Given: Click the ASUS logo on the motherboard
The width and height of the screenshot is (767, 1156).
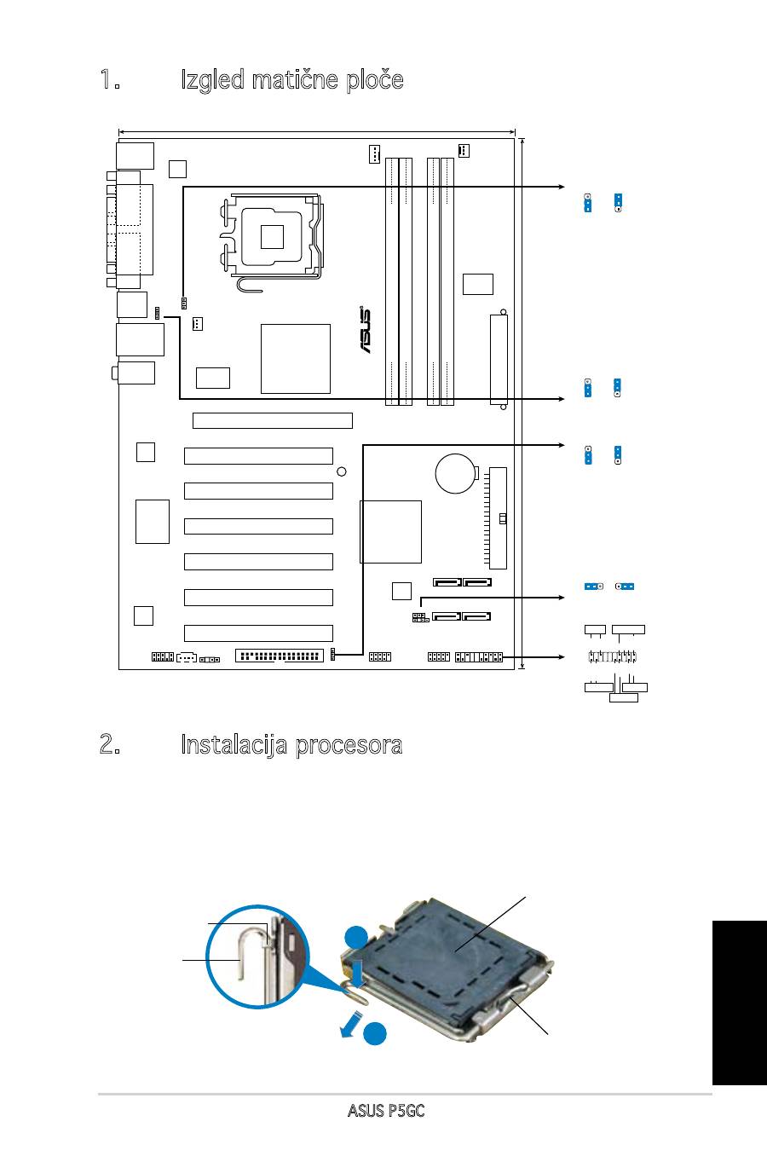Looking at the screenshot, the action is click(x=366, y=330).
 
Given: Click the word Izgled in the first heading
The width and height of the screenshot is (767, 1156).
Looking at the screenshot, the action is click(x=212, y=80).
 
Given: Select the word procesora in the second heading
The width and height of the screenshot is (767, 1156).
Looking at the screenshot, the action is click(x=349, y=745).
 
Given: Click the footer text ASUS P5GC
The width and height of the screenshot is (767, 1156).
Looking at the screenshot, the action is click(x=386, y=1110).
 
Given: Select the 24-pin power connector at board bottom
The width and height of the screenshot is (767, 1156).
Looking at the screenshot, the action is click(x=280, y=656).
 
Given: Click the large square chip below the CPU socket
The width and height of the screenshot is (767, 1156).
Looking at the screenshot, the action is click(x=296, y=359).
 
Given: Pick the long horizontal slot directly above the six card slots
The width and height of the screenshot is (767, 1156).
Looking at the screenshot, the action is click(x=273, y=420).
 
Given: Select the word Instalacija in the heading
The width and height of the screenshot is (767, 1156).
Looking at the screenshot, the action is click(x=234, y=745).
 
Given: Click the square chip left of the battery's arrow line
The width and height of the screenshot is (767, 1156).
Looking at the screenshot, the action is click(x=390, y=532).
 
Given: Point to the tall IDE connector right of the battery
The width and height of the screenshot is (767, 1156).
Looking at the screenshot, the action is click(x=499, y=518).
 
